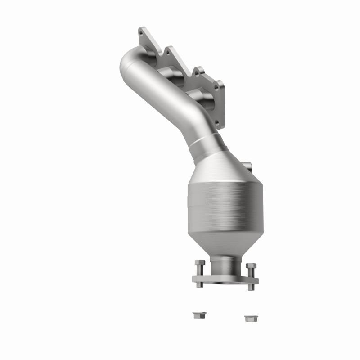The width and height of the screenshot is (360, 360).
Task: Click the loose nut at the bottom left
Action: [196, 315]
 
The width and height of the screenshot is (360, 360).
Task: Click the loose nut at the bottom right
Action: [249, 318]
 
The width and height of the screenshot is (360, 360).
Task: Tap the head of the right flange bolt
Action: [252, 265]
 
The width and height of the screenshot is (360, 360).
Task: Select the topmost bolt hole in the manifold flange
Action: [142, 32]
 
